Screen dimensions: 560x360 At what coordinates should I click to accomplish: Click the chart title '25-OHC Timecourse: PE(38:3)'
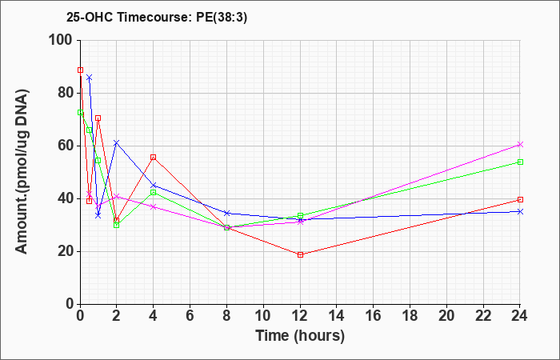157,18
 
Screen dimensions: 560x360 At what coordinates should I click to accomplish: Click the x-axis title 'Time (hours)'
300,336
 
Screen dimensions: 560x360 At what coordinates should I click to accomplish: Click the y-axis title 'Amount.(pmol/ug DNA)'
22,172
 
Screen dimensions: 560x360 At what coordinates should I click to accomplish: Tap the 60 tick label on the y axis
66,146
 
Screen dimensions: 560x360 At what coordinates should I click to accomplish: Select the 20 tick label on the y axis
66,251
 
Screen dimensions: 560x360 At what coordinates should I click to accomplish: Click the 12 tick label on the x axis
300,316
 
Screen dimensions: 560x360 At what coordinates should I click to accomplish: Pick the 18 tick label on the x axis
410,316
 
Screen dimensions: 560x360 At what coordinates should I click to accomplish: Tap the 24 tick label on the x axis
520,316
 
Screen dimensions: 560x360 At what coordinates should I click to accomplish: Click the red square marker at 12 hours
300,254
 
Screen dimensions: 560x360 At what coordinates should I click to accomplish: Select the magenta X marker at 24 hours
520,144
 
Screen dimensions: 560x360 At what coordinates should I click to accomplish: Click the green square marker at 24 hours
520,162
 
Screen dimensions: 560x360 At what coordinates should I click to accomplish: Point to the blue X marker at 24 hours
520,211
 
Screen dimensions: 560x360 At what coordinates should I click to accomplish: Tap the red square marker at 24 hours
520,200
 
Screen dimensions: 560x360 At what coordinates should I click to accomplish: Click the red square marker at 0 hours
80,70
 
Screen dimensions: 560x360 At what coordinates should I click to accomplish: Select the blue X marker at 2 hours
117,143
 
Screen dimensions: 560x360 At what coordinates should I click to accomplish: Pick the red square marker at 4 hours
154,157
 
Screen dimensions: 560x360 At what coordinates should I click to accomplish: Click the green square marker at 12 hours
300,216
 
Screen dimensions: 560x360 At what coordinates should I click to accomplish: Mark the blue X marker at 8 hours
226,213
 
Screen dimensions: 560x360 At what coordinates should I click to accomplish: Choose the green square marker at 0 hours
80,113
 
